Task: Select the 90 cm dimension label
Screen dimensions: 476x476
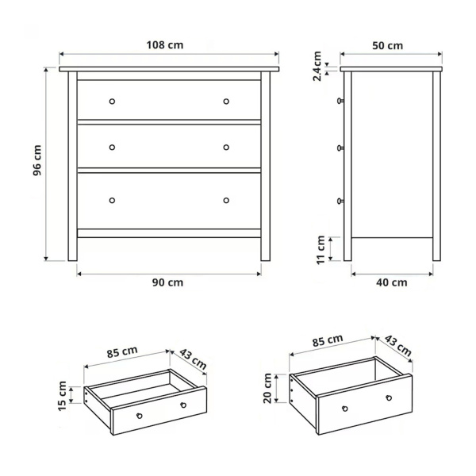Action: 168,282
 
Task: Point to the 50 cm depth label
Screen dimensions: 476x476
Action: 388,45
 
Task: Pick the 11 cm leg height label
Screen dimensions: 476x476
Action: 321,248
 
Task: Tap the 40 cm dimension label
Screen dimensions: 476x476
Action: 392,282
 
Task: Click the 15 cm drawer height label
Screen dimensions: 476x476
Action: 62,395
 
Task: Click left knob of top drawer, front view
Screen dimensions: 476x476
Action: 112,101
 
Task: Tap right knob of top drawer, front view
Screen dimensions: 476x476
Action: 226,101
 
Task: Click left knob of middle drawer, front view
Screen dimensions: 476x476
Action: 112,147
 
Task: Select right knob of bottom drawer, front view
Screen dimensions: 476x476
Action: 226,199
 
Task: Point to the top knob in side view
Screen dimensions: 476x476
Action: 340,101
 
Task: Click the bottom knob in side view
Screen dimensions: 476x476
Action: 340,201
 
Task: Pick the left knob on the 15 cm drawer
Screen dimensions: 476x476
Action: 140,416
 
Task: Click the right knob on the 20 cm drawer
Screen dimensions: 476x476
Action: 389,397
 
